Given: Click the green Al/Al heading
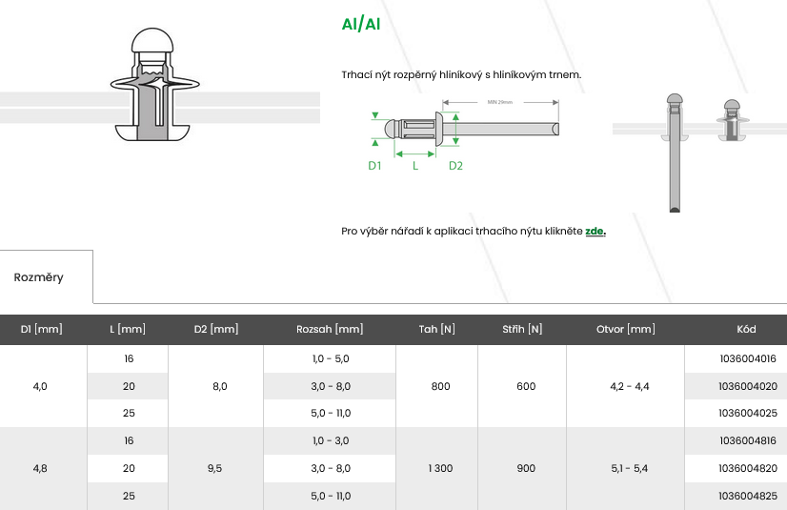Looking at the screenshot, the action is point(361,24).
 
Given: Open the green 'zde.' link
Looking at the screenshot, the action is point(595,231).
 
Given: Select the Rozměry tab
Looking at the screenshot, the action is point(39,277).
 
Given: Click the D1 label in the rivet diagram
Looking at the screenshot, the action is point(374,166).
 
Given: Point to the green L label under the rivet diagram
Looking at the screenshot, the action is point(415,166).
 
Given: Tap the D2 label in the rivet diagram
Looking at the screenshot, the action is point(455,166).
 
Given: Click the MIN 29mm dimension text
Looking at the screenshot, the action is point(500,102).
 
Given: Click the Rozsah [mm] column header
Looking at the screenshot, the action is point(330,329).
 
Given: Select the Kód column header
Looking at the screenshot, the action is point(746,329).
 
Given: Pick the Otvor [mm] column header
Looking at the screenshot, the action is point(625,329).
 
